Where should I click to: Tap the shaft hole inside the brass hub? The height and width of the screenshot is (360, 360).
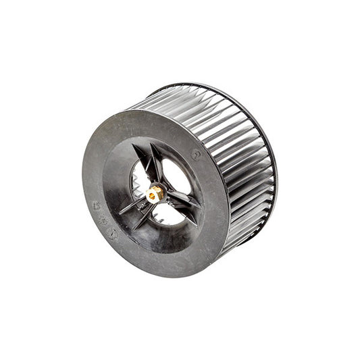click(155, 195)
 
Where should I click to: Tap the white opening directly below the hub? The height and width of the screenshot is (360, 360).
click(162, 215)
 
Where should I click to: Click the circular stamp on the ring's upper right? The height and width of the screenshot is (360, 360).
click(196, 154)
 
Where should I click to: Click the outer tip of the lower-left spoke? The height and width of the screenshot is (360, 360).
click(122, 213)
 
